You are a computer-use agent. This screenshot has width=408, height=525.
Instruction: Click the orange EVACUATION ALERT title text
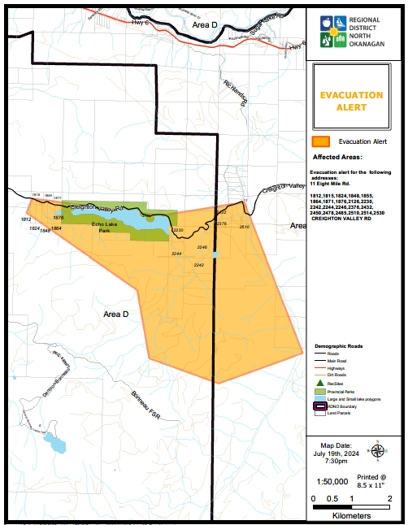coord(351,101)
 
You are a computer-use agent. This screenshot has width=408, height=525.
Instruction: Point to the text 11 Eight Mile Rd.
coord(333,184)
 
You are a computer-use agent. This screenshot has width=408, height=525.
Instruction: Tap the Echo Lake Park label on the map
coord(106,227)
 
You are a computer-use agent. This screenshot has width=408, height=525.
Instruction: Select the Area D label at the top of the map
coord(206,26)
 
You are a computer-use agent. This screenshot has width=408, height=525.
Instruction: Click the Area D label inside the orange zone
coord(116,313)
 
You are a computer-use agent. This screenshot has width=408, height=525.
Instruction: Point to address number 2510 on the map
coord(245,227)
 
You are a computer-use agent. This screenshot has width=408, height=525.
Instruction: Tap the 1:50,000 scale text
coord(333,481)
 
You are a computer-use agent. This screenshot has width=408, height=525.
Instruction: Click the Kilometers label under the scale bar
coord(351,514)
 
